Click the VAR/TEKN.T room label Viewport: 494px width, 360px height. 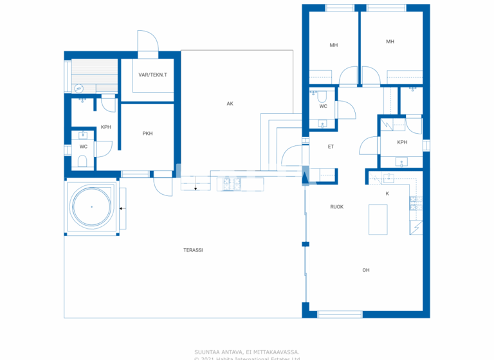point(152,75)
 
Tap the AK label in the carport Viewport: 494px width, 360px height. point(230,104)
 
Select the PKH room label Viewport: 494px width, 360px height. point(147,134)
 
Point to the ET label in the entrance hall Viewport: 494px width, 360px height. point(331,147)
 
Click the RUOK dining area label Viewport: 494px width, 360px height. point(336,207)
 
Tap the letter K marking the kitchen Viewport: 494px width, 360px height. point(387,193)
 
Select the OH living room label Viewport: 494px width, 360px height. point(365,270)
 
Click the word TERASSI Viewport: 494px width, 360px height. point(193,249)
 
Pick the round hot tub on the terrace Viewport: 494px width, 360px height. point(91,207)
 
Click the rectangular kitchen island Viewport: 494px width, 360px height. point(378,220)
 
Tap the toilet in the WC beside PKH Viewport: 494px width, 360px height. point(82,161)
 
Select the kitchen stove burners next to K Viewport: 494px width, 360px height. point(415,204)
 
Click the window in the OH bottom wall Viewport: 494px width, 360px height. point(340,314)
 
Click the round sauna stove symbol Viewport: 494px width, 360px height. point(79,89)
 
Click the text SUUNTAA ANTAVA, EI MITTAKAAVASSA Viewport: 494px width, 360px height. point(247,352)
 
